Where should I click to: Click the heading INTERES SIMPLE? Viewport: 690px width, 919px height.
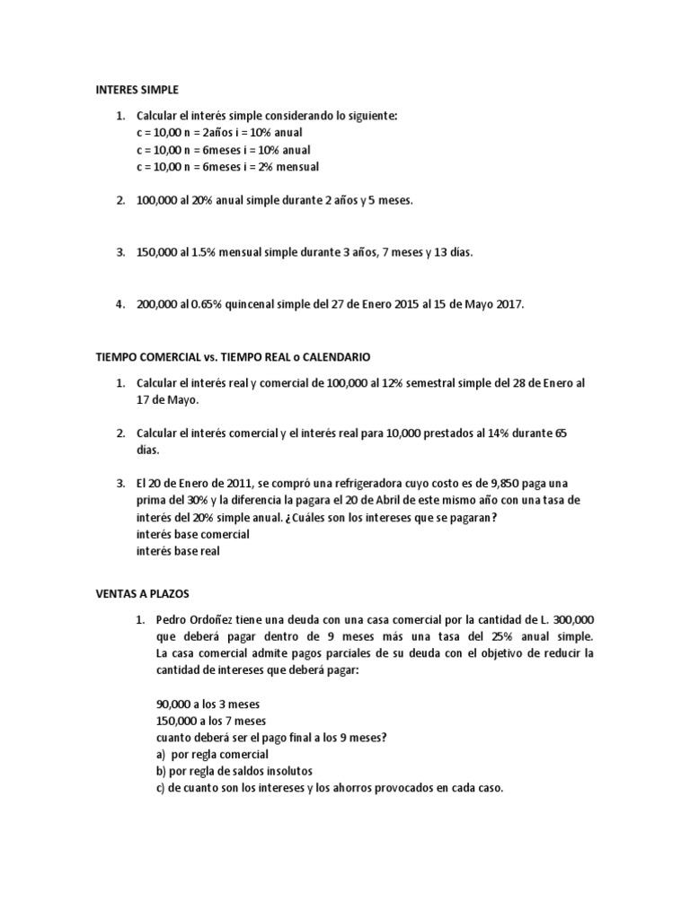(x=137, y=90)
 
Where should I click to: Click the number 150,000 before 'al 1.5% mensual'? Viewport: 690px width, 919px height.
(x=156, y=253)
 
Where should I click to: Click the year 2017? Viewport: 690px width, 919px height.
(x=506, y=305)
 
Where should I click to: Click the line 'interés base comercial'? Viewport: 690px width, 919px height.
(x=192, y=535)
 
